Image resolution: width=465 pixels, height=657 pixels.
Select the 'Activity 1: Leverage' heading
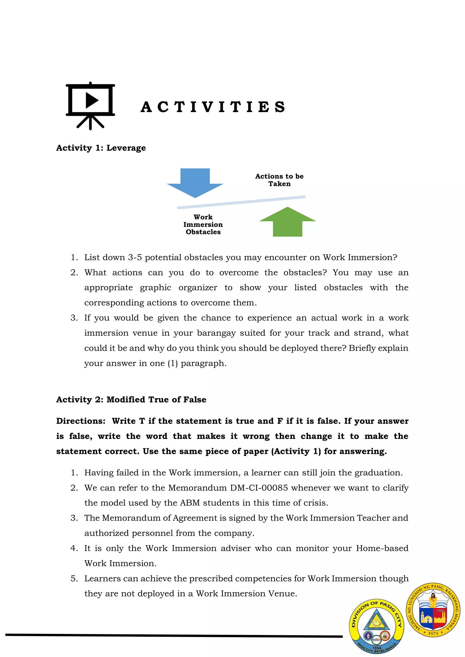(x=101, y=148)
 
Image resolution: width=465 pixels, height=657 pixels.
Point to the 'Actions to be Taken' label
(x=279, y=180)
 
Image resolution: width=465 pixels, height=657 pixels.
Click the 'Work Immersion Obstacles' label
(x=203, y=225)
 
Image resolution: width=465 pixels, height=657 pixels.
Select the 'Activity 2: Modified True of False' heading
(x=131, y=399)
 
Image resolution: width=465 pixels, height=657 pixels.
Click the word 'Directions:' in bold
(x=81, y=421)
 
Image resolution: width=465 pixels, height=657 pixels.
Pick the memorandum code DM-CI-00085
(x=259, y=488)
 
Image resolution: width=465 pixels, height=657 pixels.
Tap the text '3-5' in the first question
(x=135, y=258)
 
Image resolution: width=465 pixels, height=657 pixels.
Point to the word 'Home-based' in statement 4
(x=382, y=548)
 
